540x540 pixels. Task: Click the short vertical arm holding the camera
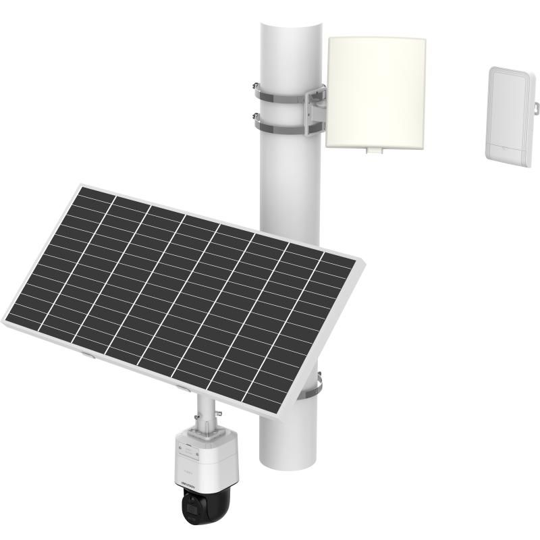[x=202, y=408]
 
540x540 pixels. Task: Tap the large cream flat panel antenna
[x=377, y=90]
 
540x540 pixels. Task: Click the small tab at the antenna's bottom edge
[x=371, y=151]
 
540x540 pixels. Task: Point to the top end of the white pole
[x=290, y=27]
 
